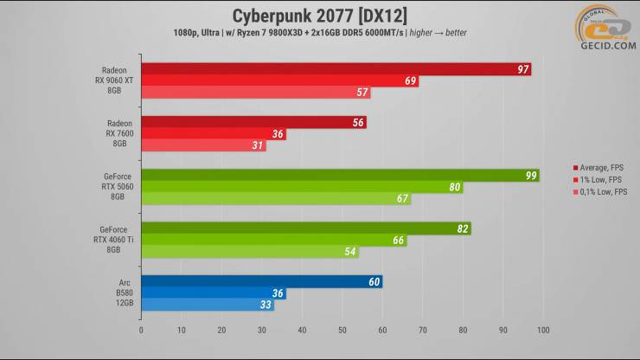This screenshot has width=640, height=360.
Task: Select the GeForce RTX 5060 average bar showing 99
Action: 339,176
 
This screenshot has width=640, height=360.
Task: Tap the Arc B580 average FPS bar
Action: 260,282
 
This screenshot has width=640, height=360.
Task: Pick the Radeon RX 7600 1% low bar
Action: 213,134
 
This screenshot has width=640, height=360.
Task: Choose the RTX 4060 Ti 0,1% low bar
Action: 249,252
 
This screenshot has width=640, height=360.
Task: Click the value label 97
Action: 522,69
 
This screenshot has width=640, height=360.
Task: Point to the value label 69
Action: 410,81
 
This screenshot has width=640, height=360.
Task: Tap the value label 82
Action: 462,228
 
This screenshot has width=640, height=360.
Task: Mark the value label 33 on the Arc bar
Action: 265,305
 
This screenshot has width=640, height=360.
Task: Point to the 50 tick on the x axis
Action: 342,330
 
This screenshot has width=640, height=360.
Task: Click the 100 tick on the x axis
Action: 542,330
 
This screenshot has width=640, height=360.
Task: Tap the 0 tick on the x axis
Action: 141,330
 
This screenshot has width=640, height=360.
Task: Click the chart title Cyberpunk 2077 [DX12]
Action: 320,16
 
